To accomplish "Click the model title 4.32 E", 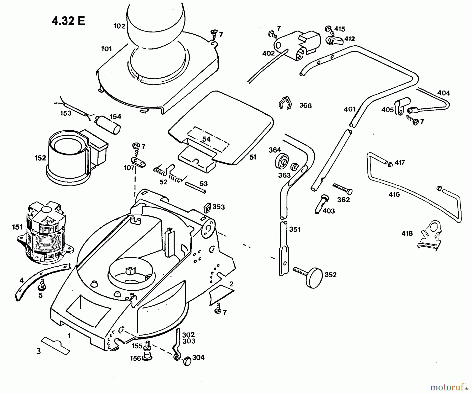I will pos(68,21).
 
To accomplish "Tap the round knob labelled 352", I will pos(314,278).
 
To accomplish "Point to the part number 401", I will pos(350,109).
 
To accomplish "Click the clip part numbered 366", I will pos(285,103).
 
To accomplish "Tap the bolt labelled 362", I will pos(342,189).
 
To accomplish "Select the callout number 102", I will pos(119,26).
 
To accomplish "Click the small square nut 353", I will pos(207,207).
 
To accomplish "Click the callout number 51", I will pos(253,157).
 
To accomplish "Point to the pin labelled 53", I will pos(195,188).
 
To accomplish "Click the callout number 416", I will pos(394,194).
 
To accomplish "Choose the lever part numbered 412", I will pos(335,41).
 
